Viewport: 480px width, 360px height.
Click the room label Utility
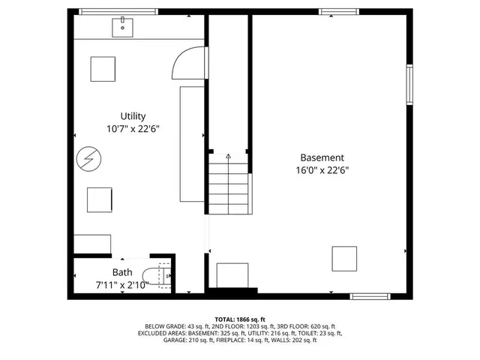133,115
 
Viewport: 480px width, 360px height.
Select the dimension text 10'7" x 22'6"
133,128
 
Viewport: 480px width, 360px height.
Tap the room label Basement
322,157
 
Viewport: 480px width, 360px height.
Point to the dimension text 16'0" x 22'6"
322,170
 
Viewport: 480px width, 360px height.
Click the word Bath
122,272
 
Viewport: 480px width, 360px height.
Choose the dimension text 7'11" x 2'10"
122,284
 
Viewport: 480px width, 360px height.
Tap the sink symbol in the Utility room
122,28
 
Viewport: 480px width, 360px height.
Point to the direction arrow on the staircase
228,154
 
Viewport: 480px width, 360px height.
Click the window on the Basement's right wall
409,84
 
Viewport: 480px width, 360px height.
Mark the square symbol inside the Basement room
344,258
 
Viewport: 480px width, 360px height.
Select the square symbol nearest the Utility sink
103,69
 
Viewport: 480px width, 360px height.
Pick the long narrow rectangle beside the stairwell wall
191,145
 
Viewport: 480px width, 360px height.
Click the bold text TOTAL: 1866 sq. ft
240,319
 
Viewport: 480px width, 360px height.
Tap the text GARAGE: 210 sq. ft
190,340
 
